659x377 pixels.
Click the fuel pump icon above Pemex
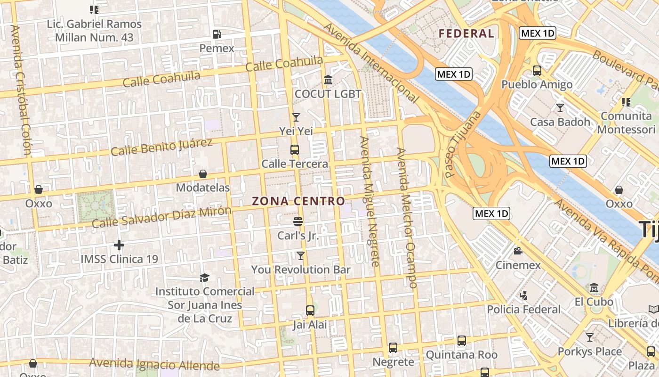point(217,34)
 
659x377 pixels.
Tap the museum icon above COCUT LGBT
point(328,80)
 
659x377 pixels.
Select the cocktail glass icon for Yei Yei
point(296,117)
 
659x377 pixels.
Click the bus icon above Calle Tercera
point(295,150)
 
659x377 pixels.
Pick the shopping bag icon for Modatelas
point(203,174)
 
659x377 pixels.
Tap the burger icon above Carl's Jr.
point(297,221)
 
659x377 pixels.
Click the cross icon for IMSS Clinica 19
point(119,245)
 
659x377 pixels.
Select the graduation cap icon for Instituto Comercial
point(204,278)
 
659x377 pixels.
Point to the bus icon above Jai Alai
point(310,310)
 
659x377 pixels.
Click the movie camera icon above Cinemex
point(518,251)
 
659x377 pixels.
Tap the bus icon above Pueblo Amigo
point(537,71)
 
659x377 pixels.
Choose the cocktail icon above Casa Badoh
point(560,108)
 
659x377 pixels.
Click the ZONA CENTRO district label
point(298,201)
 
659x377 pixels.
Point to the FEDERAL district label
point(466,33)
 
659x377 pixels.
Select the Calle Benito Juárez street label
point(161,147)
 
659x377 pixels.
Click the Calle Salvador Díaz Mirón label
point(161,217)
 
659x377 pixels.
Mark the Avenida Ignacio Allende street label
point(154,364)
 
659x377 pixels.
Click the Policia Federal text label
point(524,310)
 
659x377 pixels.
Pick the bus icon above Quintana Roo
point(461,340)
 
